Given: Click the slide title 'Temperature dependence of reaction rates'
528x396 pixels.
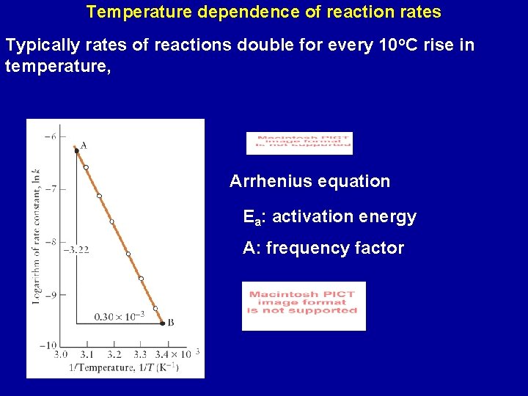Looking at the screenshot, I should click(263, 12).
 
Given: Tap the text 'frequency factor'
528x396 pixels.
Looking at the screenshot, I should click(334, 249).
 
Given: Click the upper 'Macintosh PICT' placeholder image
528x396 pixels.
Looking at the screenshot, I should click(299, 143).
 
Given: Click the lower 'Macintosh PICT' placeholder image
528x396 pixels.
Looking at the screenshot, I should click(303, 305).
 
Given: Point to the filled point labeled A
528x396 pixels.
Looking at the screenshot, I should click(76, 150).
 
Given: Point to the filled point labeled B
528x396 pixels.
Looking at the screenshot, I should click(162, 322).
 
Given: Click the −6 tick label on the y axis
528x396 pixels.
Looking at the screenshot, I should click(50, 136).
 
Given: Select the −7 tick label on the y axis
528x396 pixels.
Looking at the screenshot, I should click(50, 189).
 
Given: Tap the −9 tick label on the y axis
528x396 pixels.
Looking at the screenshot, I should click(50, 295).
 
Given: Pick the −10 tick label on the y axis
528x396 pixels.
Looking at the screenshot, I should click(48, 345).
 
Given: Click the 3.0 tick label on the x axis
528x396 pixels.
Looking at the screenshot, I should click(60, 354).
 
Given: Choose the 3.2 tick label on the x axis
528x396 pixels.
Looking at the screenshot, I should click(114, 354).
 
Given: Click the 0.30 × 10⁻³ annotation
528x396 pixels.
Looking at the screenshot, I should click(119, 317).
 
